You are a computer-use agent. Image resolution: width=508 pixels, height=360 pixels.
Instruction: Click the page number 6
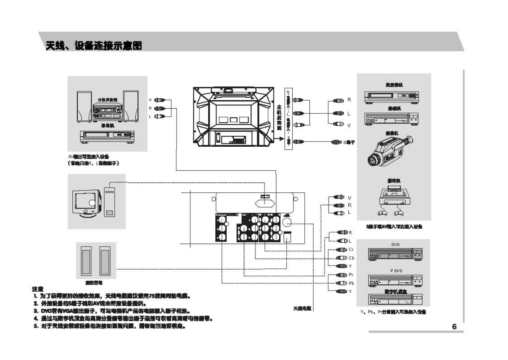(454, 326)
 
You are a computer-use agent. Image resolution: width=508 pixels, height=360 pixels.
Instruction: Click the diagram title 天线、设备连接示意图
(94, 46)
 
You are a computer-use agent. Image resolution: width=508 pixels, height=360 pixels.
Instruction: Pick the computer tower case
(110, 202)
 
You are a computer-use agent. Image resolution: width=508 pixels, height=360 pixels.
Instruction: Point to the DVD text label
(395, 244)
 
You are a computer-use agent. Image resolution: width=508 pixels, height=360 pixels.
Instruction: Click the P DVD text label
(396, 271)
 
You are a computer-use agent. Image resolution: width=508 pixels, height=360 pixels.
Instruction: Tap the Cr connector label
(351, 250)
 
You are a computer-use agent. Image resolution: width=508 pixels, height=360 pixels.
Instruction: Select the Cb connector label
(351, 258)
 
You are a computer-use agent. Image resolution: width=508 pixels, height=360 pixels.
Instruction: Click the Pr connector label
(351, 275)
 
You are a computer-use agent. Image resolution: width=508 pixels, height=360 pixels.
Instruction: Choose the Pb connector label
(351, 284)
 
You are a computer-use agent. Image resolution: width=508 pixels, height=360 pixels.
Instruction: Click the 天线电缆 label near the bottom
(302, 308)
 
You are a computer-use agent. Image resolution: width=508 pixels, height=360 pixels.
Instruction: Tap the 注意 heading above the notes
(37, 289)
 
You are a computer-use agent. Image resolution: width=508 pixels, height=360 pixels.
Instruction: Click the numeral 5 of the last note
(35, 326)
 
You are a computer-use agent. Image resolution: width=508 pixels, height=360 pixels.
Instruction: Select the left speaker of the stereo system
(84, 106)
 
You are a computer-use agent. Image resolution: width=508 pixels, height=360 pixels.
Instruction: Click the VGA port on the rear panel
(265, 196)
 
